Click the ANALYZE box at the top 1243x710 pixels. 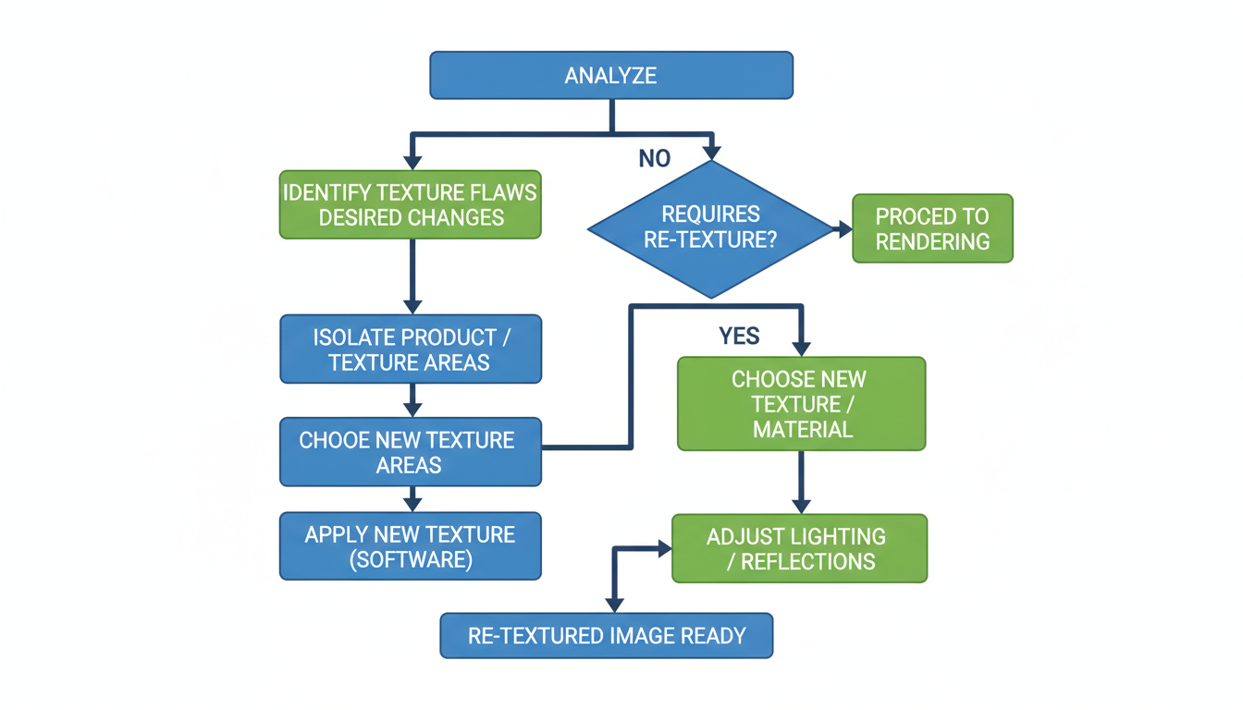click(x=611, y=75)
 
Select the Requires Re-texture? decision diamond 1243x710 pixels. click(x=711, y=227)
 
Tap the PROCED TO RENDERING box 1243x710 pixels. click(x=932, y=228)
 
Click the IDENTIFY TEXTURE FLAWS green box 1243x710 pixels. click(x=410, y=205)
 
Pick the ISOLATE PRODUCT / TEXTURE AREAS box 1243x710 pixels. click(x=411, y=349)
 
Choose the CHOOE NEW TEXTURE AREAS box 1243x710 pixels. click(x=411, y=451)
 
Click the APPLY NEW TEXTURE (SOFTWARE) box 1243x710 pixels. click(x=411, y=546)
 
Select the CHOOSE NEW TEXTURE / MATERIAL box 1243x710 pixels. click(x=801, y=404)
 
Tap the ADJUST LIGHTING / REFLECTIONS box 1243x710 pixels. click(x=799, y=548)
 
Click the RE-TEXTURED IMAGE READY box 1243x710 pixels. click(x=606, y=635)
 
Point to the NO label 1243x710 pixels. click(x=655, y=159)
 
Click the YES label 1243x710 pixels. click(x=739, y=336)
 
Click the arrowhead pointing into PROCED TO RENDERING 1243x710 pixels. click(x=845, y=229)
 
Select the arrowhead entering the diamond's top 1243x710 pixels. click(x=710, y=151)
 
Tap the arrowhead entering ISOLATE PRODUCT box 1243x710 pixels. click(x=412, y=306)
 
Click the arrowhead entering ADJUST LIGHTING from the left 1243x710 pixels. click(x=663, y=548)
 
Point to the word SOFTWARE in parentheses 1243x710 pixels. click(x=411, y=560)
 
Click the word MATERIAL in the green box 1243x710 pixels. click(x=802, y=429)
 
